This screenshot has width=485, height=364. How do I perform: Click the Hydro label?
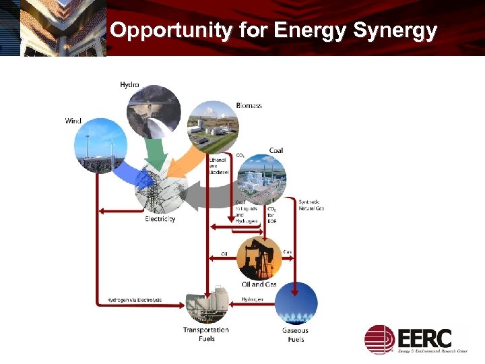[x=129, y=84]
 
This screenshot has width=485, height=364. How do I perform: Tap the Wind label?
[x=73, y=121]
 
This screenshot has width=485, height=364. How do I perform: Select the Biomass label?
[x=249, y=105]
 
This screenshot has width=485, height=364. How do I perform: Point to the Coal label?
[x=276, y=150]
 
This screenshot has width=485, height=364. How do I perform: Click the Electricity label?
[x=160, y=218]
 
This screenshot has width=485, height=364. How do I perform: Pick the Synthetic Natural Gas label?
[x=311, y=205]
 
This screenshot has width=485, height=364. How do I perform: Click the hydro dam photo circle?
[x=154, y=111]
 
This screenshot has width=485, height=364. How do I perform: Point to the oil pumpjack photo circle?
[x=259, y=257]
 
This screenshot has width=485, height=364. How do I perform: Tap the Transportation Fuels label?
[x=205, y=334]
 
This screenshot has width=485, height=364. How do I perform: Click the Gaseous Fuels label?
[x=295, y=334]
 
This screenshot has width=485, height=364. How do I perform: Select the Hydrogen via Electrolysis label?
[x=135, y=299]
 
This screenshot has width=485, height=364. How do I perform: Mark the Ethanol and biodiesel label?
[x=219, y=166]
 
